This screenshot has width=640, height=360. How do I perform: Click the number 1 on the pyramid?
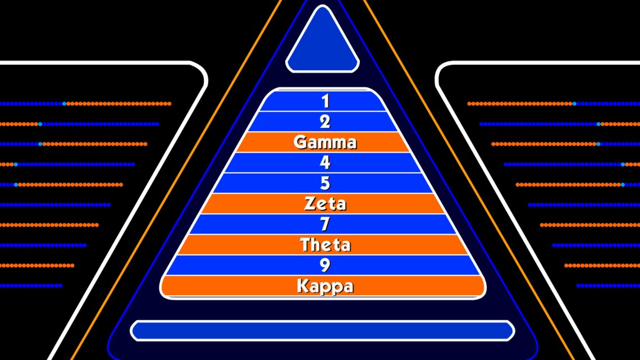click(325, 102)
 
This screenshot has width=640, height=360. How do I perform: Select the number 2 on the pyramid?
click(325, 122)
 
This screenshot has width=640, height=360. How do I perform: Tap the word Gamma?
click(325, 142)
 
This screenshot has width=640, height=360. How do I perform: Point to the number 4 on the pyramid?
click(325, 163)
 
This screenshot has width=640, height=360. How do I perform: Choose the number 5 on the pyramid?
click(325, 183)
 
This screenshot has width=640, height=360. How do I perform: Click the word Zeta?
click(325, 203)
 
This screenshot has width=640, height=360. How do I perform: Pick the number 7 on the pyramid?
click(325, 224)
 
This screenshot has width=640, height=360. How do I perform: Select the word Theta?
click(325, 244)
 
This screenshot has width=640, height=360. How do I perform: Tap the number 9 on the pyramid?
click(325, 265)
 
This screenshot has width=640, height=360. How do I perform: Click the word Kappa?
click(325, 286)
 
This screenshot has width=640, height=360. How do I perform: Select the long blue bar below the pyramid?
click(322, 330)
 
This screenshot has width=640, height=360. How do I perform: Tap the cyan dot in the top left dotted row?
click(65, 104)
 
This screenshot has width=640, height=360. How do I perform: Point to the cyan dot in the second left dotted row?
click(40, 124)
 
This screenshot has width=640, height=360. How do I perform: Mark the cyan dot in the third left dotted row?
click(40, 144)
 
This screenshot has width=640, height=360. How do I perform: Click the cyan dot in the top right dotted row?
click(574, 104)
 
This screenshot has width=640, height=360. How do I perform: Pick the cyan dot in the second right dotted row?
click(598, 124)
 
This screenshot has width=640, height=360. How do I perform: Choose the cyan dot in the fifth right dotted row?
click(623, 185)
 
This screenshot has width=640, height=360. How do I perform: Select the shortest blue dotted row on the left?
click(31, 286)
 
